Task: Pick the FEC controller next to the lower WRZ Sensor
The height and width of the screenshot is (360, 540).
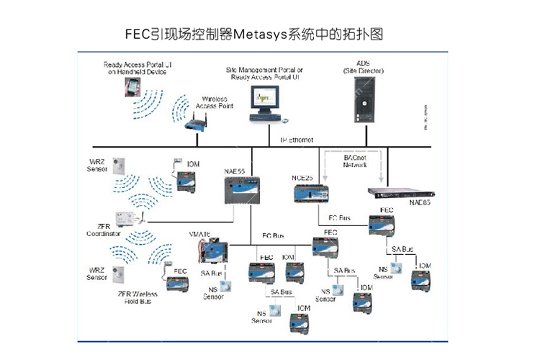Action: point(177,284)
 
